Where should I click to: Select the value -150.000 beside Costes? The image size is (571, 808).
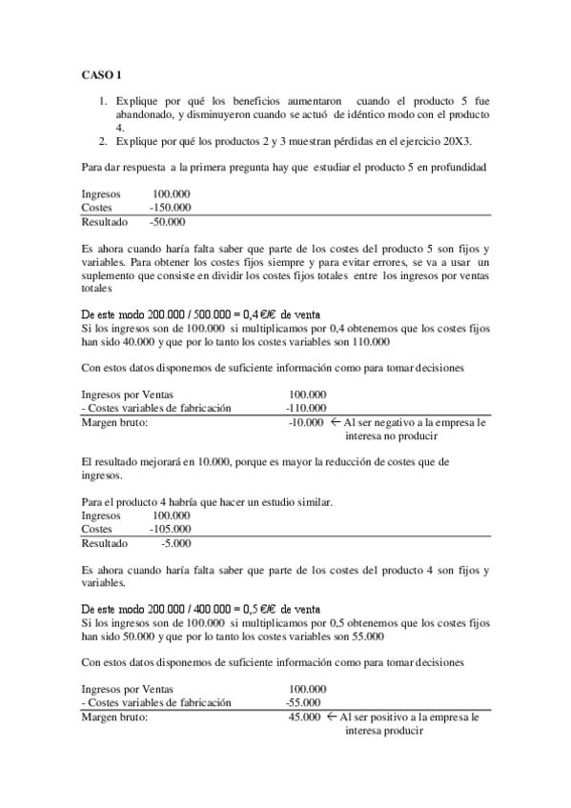pyautogui.click(x=171, y=208)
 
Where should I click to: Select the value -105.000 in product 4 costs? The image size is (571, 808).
pyautogui.click(x=171, y=529)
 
